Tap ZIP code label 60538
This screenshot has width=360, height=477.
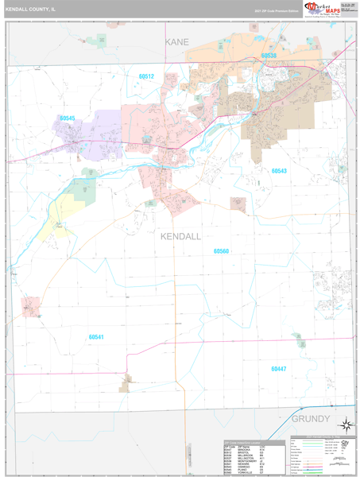[268, 56]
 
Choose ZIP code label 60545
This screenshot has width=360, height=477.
[67, 118]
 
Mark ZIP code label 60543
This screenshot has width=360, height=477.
[279, 171]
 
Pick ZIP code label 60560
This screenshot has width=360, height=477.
[221, 251]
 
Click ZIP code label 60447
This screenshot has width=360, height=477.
[277, 369]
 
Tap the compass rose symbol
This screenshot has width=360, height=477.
[345, 425]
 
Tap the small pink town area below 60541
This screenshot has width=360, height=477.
[126, 384]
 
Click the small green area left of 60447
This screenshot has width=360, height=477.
[299, 343]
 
